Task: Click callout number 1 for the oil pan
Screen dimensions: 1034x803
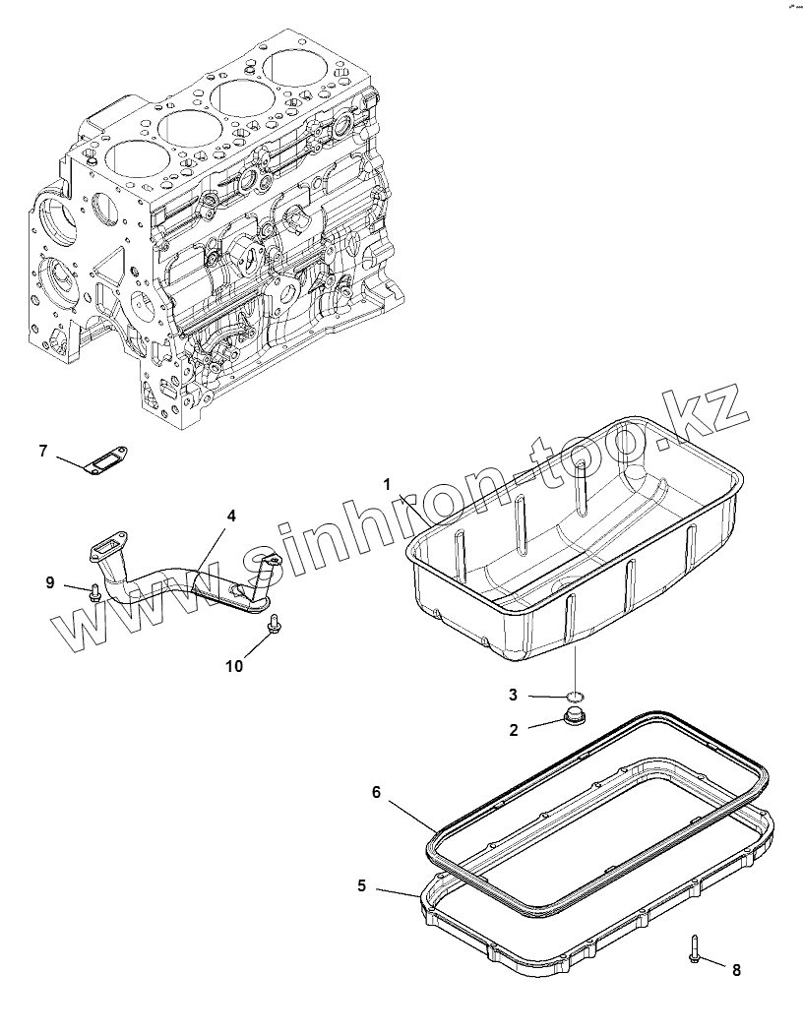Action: (x=388, y=483)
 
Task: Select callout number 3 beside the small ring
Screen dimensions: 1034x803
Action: (x=514, y=695)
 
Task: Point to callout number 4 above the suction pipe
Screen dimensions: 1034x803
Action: (x=230, y=515)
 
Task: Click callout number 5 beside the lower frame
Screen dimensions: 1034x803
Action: (x=362, y=886)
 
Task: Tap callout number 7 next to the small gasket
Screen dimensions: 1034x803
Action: (x=43, y=452)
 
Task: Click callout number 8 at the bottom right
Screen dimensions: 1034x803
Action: (x=735, y=970)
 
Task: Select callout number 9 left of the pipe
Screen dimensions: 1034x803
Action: (x=50, y=581)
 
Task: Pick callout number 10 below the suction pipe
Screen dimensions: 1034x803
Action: (x=233, y=665)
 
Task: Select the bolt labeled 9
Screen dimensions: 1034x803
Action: (x=94, y=592)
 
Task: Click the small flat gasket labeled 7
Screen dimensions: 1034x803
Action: (x=100, y=460)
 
